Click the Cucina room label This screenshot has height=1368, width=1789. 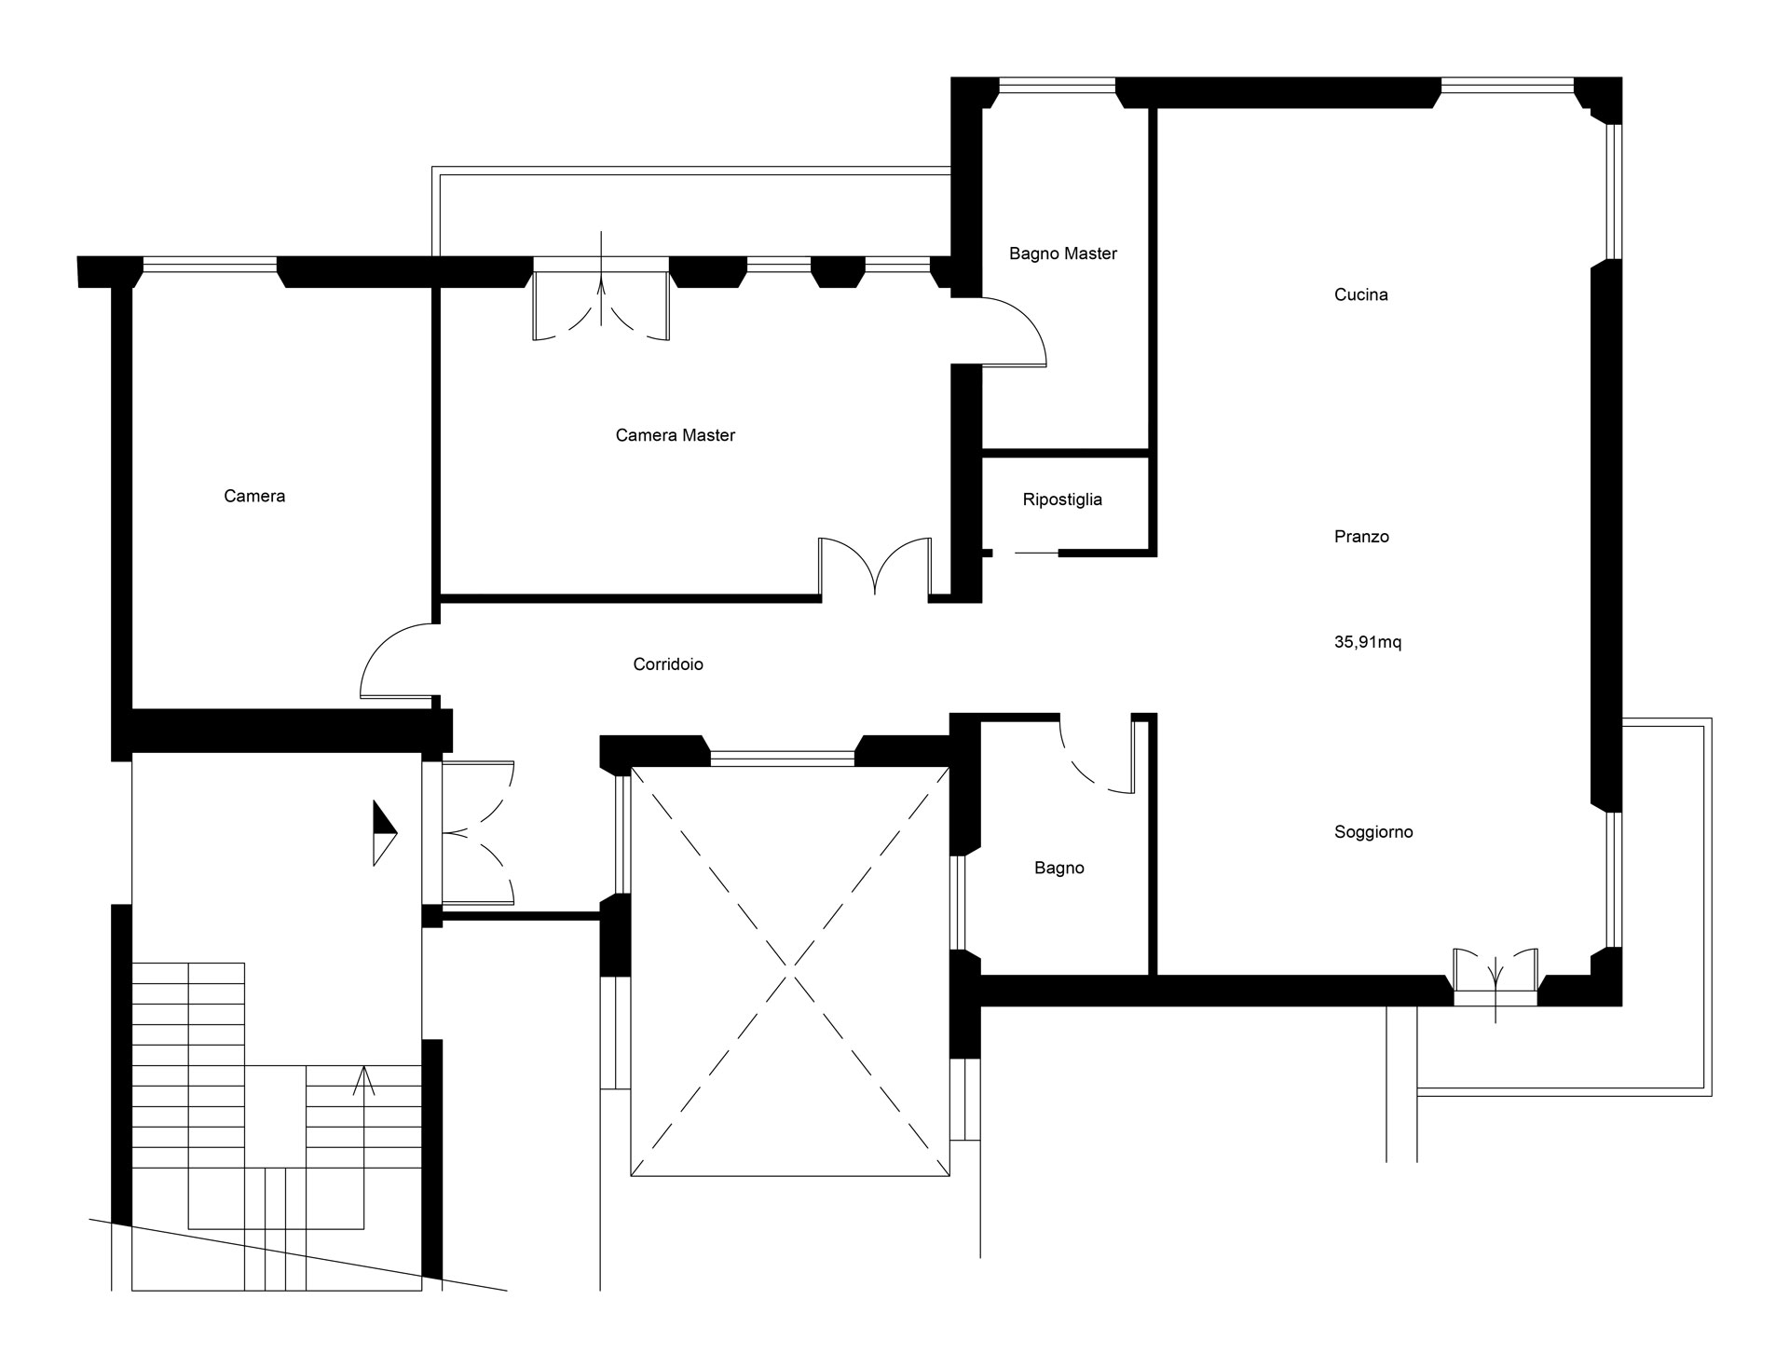click(1360, 294)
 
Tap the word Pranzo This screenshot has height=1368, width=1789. click(1361, 537)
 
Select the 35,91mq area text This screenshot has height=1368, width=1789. click(1368, 642)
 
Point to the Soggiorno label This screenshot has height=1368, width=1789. click(1373, 832)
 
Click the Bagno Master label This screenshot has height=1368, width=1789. click(1063, 253)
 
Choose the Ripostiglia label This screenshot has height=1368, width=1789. click(1062, 499)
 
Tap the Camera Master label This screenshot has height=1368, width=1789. click(676, 435)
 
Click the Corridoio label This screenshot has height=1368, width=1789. click(668, 664)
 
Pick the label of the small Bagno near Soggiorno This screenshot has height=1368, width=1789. click(1059, 869)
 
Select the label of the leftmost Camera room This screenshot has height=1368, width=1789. click(254, 496)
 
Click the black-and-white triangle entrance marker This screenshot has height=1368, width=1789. click(385, 832)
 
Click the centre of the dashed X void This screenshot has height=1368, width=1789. click(790, 971)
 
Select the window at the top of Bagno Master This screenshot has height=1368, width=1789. click(1057, 86)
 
